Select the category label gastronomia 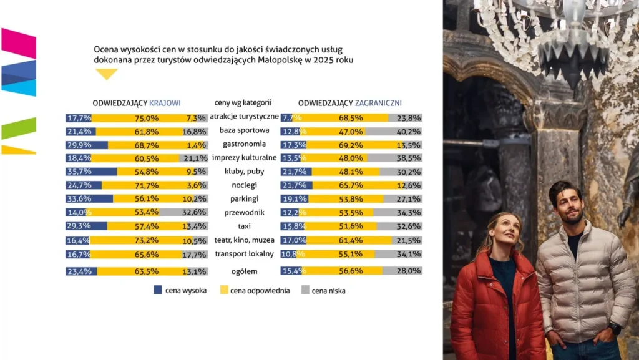point(244,144)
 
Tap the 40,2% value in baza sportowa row point(409,132)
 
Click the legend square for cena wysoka point(158,290)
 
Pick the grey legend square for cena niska point(305,290)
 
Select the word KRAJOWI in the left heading point(165,102)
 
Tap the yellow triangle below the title point(107,74)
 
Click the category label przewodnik point(244,212)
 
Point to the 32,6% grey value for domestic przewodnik point(195,212)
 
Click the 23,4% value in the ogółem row point(79,271)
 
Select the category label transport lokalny point(244,253)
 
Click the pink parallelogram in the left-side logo point(18,43)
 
